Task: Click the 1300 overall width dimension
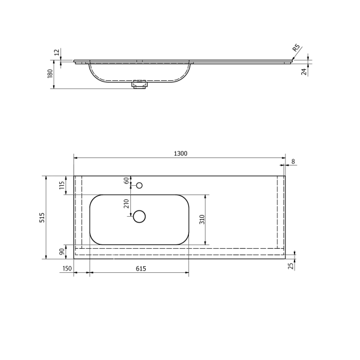coord(180,153)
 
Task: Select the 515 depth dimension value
coord(42,217)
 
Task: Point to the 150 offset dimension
coord(67,270)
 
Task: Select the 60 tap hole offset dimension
coord(127,180)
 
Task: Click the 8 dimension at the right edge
coord(293,161)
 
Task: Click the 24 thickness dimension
coord(304,71)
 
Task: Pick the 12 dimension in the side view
coord(57,53)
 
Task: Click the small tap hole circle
coord(140,185)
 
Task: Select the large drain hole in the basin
coord(140,216)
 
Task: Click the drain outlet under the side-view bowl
coord(140,85)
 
